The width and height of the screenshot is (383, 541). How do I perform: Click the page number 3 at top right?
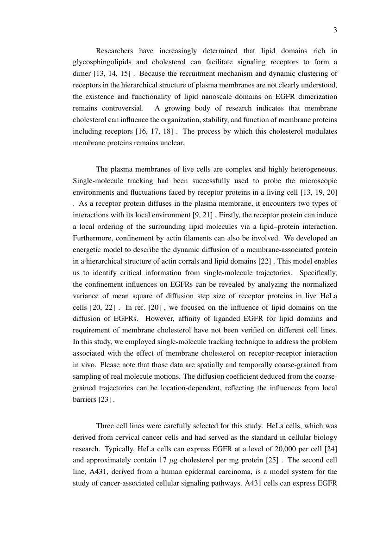(335, 31)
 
